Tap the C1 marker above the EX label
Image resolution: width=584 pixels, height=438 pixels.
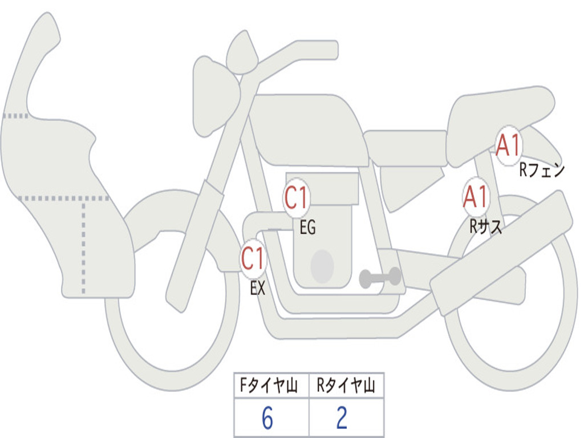[253, 258]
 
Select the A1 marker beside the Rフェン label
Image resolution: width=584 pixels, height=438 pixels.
[508, 145]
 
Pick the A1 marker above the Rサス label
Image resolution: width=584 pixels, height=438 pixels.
[475, 197]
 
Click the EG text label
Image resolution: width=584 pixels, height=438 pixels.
[307, 228]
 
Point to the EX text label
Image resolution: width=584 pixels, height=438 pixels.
[258, 289]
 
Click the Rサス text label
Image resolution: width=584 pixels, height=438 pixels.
[486, 227]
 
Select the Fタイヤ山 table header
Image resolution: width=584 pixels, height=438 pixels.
[271, 386]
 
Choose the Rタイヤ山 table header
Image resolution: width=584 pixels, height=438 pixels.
[346, 386]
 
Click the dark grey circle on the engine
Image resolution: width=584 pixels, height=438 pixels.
[322, 266]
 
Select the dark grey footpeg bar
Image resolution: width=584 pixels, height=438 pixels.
[380, 278]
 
